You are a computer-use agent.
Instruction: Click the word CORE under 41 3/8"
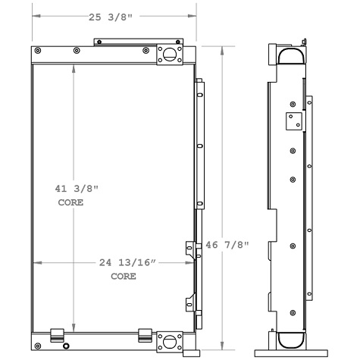pos(70,203)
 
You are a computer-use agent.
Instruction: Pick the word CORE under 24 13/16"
pos(123,277)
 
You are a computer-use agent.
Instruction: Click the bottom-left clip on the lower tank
pos(55,333)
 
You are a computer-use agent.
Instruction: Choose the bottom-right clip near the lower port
pos(145,333)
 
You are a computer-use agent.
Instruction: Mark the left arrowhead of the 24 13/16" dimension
pos(36,263)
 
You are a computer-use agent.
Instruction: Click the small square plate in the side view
pos(292,121)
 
